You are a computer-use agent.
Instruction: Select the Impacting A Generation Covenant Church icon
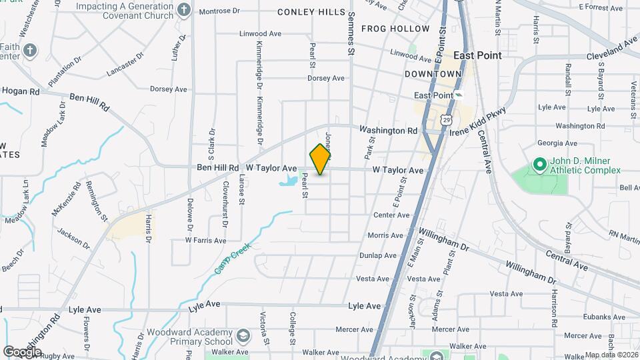[x=185, y=9]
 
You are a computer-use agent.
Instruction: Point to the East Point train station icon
[x=459, y=95]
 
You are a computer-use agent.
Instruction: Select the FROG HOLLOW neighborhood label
[x=395, y=29]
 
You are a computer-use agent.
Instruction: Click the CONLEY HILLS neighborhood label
[x=311, y=12]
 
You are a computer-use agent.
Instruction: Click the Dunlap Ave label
[x=378, y=255]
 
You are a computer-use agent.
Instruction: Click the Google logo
[x=22, y=351]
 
